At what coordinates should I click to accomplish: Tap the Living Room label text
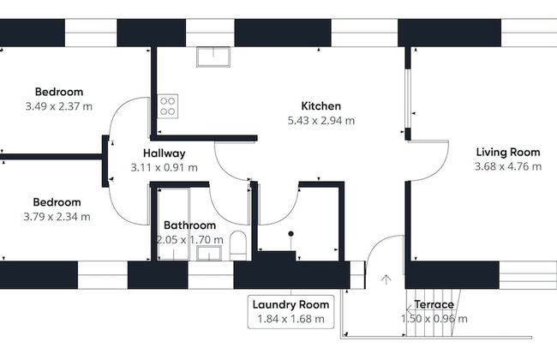click(x=507, y=153)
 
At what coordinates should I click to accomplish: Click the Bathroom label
click(x=189, y=226)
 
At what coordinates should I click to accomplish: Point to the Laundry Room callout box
click(x=290, y=311)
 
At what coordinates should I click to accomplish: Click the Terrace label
click(x=434, y=305)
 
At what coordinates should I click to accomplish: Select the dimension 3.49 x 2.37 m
click(x=59, y=106)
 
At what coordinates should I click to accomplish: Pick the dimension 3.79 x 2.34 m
click(x=57, y=216)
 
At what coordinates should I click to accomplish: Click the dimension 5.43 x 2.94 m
click(x=320, y=121)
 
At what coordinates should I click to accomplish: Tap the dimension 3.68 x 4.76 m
click(x=507, y=166)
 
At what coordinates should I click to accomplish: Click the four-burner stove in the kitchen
click(x=168, y=107)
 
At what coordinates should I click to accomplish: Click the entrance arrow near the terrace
click(x=386, y=279)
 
